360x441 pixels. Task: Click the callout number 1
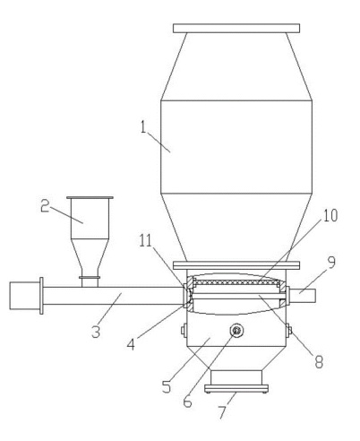[144, 127]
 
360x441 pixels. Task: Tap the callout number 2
[45, 206]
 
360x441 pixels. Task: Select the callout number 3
[96, 332]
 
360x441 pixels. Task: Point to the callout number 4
[131, 344]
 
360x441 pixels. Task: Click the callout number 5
[167, 387]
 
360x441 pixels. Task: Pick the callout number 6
[187, 402]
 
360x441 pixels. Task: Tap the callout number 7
[222, 412]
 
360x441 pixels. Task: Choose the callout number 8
[319, 362]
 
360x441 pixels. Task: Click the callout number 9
[331, 262]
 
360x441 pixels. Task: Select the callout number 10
[330, 215]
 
